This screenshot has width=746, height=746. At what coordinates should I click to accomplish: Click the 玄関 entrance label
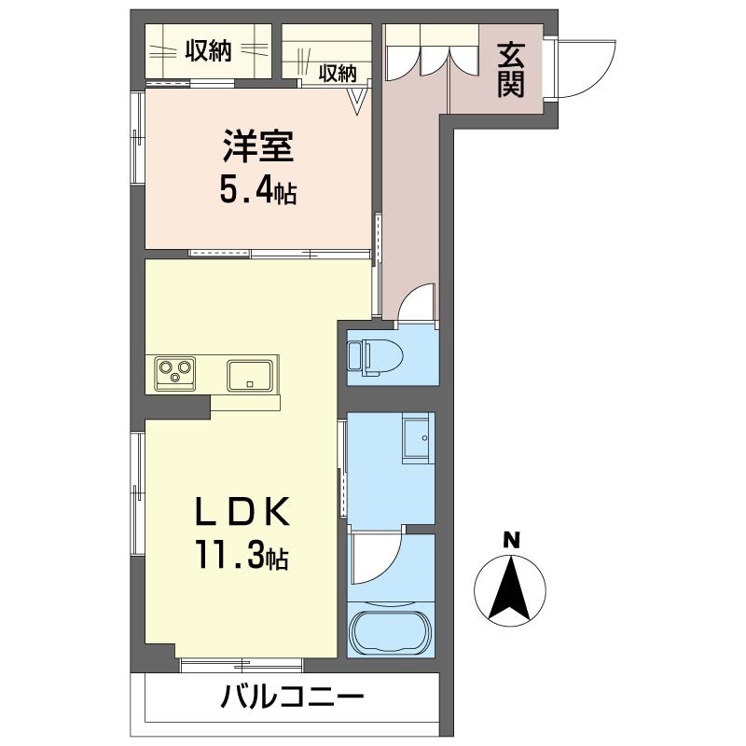click(510, 70)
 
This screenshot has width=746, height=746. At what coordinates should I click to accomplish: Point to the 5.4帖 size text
click(258, 191)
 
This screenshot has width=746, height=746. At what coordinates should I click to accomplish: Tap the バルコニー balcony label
click(291, 697)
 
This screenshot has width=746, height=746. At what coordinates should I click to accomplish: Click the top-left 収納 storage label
click(207, 52)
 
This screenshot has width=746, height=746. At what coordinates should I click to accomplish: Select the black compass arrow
click(510, 587)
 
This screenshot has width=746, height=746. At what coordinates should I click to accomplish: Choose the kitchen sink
click(250, 375)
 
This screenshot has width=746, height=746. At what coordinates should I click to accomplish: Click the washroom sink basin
click(417, 437)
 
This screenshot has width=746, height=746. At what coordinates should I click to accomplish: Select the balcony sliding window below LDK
click(241, 664)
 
